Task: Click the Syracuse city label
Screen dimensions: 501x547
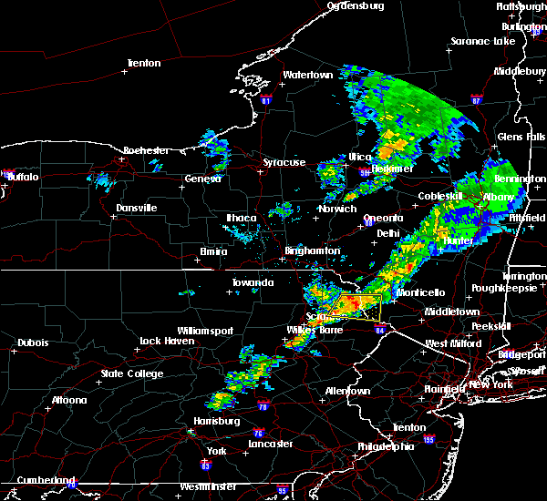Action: click(x=284, y=162)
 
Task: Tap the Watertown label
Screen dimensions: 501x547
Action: click(x=307, y=74)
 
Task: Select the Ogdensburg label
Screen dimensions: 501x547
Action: click(x=356, y=5)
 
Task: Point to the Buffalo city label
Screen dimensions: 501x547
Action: click(x=22, y=177)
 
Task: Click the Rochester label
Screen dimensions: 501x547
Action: click(x=147, y=149)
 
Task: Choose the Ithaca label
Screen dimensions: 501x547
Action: click(x=242, y=217)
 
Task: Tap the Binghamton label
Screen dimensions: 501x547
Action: click(x=312, y=250)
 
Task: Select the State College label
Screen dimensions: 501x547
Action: click(x=132, y=373)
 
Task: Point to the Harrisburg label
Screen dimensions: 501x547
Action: click(x=216, y=420)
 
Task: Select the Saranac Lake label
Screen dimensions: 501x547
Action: click(x=484, y=42)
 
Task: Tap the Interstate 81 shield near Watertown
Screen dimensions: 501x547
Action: click(x=265, y=99)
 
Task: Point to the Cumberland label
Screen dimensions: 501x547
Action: click(x=37, y=479)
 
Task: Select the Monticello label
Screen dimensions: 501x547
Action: click(x=420, y=291)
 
